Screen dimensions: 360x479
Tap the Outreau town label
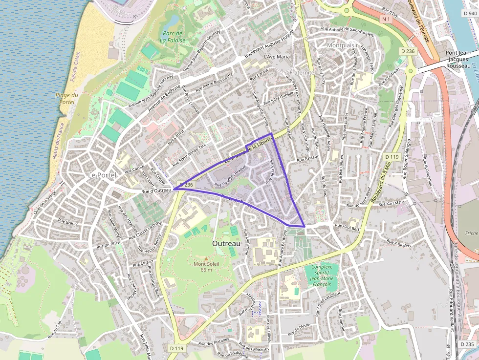[227, 243]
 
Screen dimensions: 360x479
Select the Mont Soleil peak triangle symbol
[206, 258]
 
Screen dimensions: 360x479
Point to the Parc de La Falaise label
[173, 37]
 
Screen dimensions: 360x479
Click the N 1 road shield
[387, 19]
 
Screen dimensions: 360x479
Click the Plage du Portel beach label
[67, 99]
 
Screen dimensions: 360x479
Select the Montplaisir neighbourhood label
[342, 45]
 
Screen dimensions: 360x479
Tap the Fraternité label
[302, 72]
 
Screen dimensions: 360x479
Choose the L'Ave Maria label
[277, 57]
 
